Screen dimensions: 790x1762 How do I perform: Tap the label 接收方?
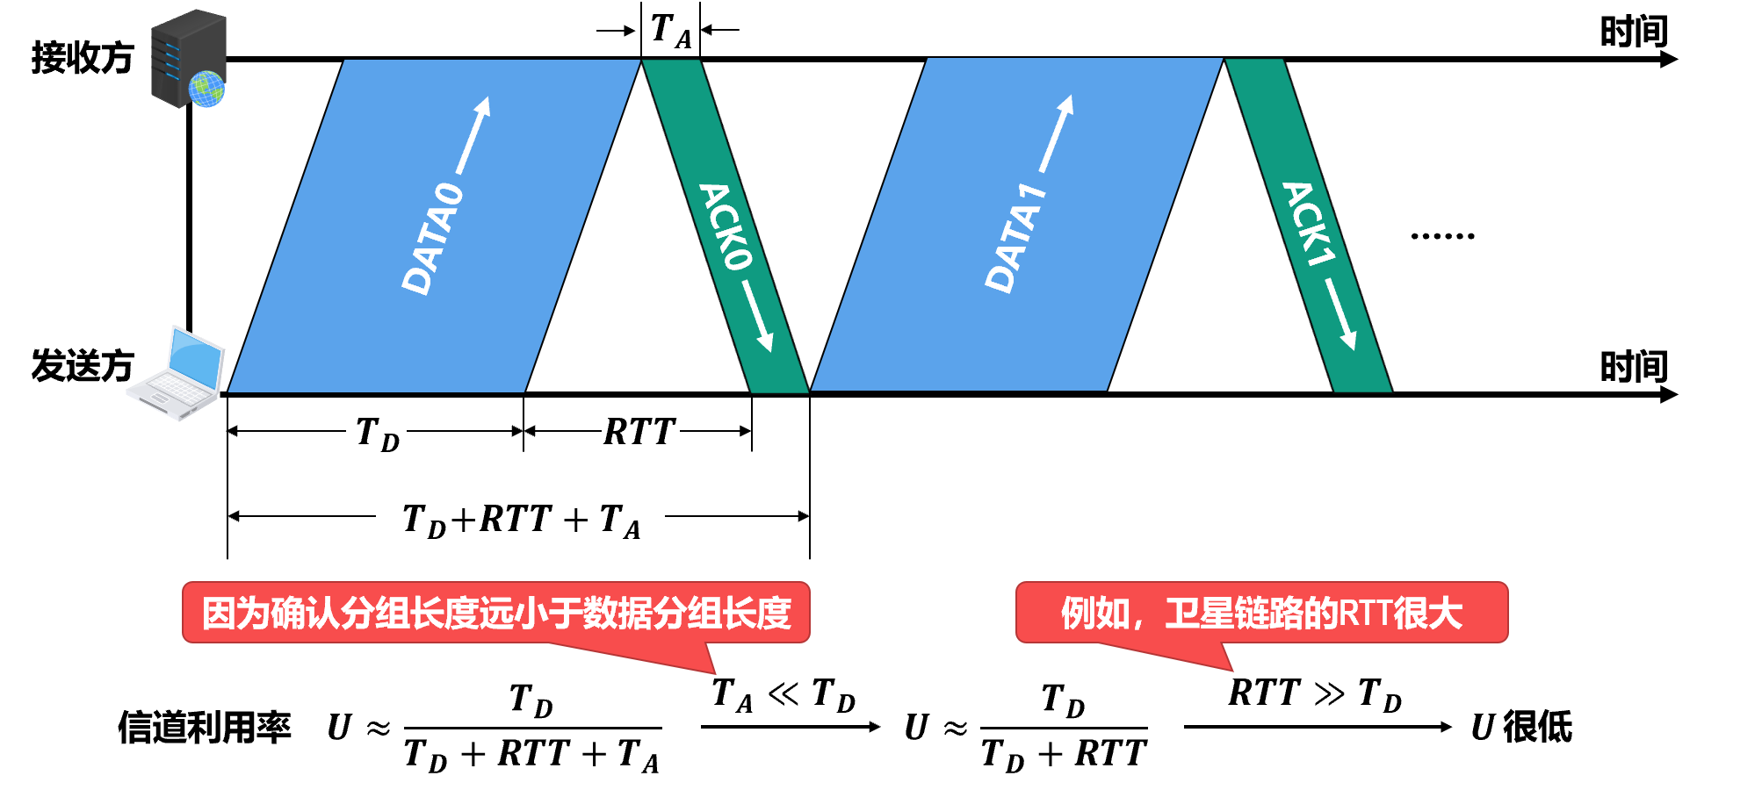pyautogui.click(x=82, y=58)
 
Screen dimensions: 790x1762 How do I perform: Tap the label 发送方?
pyautogui.click(x=82, y=366)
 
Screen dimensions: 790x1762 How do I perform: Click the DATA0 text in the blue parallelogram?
pyautogui.click(x=432, y=238)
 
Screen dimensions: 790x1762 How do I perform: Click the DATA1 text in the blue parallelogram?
pyautogui.click(x=1015, y=238)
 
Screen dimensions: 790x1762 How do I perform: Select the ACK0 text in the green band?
pyautogui.click(x=726, y=226)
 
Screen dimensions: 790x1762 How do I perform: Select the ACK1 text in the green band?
pyautogui.click(x=1308, y=224)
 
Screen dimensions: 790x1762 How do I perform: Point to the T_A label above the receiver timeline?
pyautogui.click(x=671, y=31)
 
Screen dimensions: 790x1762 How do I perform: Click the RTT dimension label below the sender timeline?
pyautogui.click(x=639, y=432)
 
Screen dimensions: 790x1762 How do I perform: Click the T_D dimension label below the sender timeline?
pyautogui.click(x=378, y=434)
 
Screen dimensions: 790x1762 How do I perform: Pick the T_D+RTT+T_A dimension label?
pyautogui.click(x=521, y=520)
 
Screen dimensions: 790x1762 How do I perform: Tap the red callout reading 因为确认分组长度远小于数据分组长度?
pyautogui.click(x=496, y=613)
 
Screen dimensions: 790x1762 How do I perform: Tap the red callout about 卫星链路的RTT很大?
pyautogui.click(x=1261, y=613)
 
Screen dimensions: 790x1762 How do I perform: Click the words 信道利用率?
pyautogui.click(x=204, y=728)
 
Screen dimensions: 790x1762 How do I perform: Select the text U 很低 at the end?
pyautogui.click(x=1521, y=728)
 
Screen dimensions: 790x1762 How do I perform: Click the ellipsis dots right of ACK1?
pyautogui.click(x=1442, y=235)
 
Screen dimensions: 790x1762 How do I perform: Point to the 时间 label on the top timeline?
pyautogui.click(x=1633, y=32)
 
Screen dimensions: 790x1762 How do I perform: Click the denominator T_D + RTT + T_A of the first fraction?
pyautogui.click(x=531, y=755)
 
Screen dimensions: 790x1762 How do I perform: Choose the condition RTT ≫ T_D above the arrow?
pyautogui.click(x=1314, y=693)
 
